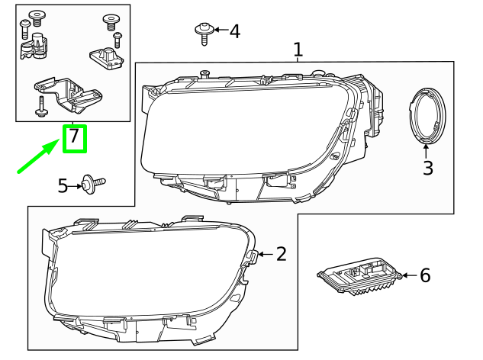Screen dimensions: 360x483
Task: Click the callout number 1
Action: click(x=298, y=50)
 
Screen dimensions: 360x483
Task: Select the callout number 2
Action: click(x=281, y=254)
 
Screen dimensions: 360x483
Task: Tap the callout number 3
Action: click(x=427, y=169)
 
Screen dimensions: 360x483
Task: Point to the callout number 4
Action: click(x=234, y=31)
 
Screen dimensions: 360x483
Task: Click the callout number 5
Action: click(x=63, y=185)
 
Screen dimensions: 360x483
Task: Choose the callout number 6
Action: click(x=425, y=275)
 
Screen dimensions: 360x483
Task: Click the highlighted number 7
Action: click(x=74, y=137)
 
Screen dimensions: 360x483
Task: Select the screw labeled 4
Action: click(x=204, y=32)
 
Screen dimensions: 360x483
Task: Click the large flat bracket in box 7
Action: click(x=69, y=92)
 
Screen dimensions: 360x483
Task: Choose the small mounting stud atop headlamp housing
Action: click(x=204, y=73)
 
